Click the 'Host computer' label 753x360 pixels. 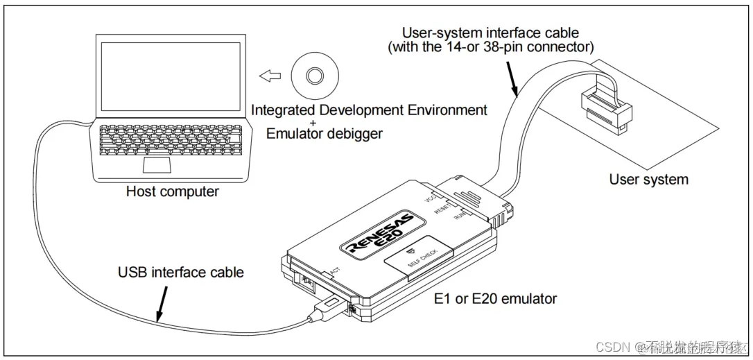pyautogui.click(x=173, y=191)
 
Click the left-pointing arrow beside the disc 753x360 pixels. pyautogui.click(x=268, y=75)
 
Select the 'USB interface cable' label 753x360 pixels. pyautogui.click(x=181, y=272)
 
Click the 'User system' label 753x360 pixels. pyautogui.click(x=648, y=180)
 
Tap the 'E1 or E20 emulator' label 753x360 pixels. pyautogui.click(x=495, y=299)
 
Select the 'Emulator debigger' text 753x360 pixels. pyautogui.click(x=324, y=134)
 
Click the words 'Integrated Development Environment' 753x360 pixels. pyautogui.click(x=369, y=110)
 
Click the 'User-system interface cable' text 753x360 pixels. pyautogui.click(x=492, y=33)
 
